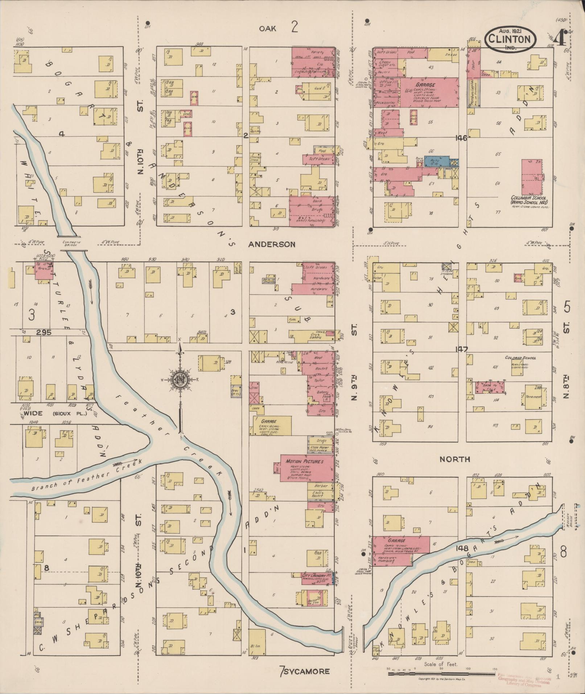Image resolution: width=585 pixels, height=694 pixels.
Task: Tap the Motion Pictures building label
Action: click(x=304, y=461)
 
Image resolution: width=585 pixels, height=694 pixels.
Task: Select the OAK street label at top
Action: click(x=268, y=28)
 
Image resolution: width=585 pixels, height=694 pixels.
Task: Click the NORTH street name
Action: click(x=454, y=459)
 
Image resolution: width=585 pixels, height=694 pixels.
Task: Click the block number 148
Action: click(x=463, y=548)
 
